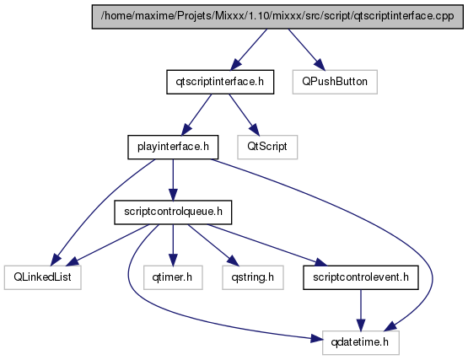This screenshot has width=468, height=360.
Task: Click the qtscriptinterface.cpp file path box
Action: [x=277, y=16]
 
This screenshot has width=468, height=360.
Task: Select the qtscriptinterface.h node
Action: [x=220, y=82]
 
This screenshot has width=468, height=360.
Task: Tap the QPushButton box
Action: [x=335, y=82]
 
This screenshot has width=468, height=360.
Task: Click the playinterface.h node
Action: [x=173, y=147]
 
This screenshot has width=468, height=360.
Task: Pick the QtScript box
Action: [x=267, y=147]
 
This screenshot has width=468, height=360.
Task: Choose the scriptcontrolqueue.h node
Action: [x=173, y=212]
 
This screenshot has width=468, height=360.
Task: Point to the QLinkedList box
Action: [x=43, y=277]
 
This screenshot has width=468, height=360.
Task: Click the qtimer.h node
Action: [x=173, y=277]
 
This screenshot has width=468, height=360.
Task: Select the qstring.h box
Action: [x=253, y=277]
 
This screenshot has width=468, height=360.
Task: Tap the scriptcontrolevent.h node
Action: [x=361, y=277]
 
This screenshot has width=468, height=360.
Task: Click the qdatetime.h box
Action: [x=361, y=342]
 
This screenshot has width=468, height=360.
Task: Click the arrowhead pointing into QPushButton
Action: [x=319, y=63]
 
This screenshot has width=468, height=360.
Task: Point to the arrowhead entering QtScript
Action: [x=255, y=129]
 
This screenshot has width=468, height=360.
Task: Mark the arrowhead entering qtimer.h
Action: [x=173, y=260]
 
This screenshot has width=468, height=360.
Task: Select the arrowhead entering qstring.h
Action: [x=233, y=261]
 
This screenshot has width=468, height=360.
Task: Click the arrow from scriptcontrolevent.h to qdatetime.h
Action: [x=361, y=310]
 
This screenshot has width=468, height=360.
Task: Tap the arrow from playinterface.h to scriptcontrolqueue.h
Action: [x=173, y=180]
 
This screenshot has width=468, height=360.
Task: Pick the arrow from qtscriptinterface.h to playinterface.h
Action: [x=196, y=115]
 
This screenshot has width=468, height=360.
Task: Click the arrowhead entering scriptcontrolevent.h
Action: [x=321, y=263]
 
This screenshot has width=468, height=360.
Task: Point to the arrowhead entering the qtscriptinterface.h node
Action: [x=236, y=63]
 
